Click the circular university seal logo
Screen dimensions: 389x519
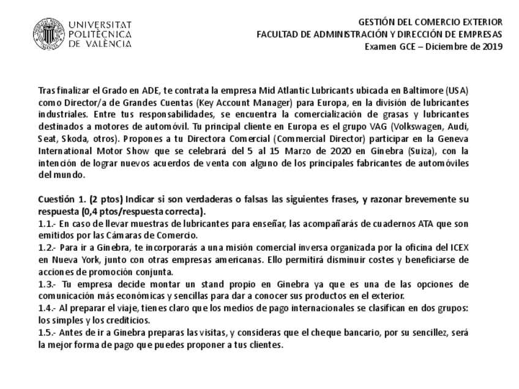tap(48, 33)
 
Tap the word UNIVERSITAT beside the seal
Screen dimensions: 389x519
tap(100, 24)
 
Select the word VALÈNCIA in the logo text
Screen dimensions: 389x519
tap(109, 44)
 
